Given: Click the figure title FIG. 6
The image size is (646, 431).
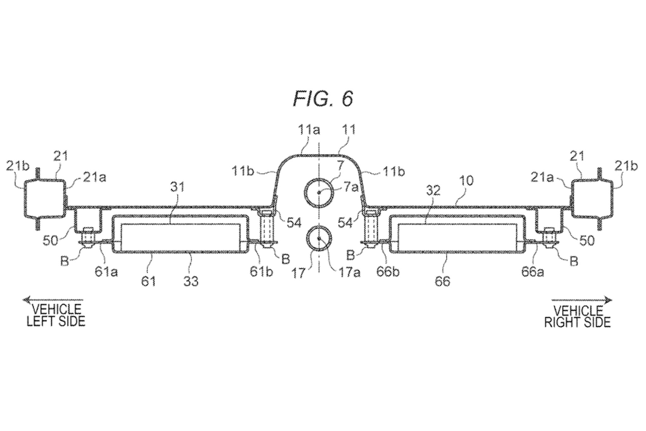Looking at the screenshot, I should pyautogui.click(x=323, y=99).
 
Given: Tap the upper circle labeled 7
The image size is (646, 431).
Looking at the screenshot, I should pyautogui.click(x=319, y=192).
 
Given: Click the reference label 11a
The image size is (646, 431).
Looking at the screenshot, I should pyautogui.click(x=308, y=130).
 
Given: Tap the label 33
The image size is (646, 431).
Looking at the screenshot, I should pyautogui.click(x=191, y=281).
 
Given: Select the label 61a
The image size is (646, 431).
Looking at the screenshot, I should pyautogui.click(x=106, y=272).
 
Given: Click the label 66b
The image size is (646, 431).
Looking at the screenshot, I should pyautogui.click(x=388, y=272).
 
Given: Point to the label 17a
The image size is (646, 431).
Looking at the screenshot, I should pyautogui.click(x=349, y=272).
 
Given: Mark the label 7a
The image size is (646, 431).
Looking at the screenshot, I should pyautogui.click(x=351, y=187).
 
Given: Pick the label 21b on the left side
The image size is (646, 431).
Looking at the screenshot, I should pyautogui.click(x=18, y=166).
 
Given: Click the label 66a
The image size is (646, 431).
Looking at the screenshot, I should pyautogui.click(x=533, y=272).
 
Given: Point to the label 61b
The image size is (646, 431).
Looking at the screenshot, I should pyautogui.click(x=261, y=272).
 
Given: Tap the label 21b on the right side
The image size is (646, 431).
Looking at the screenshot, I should pyautogui.click(x=626, y=166).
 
